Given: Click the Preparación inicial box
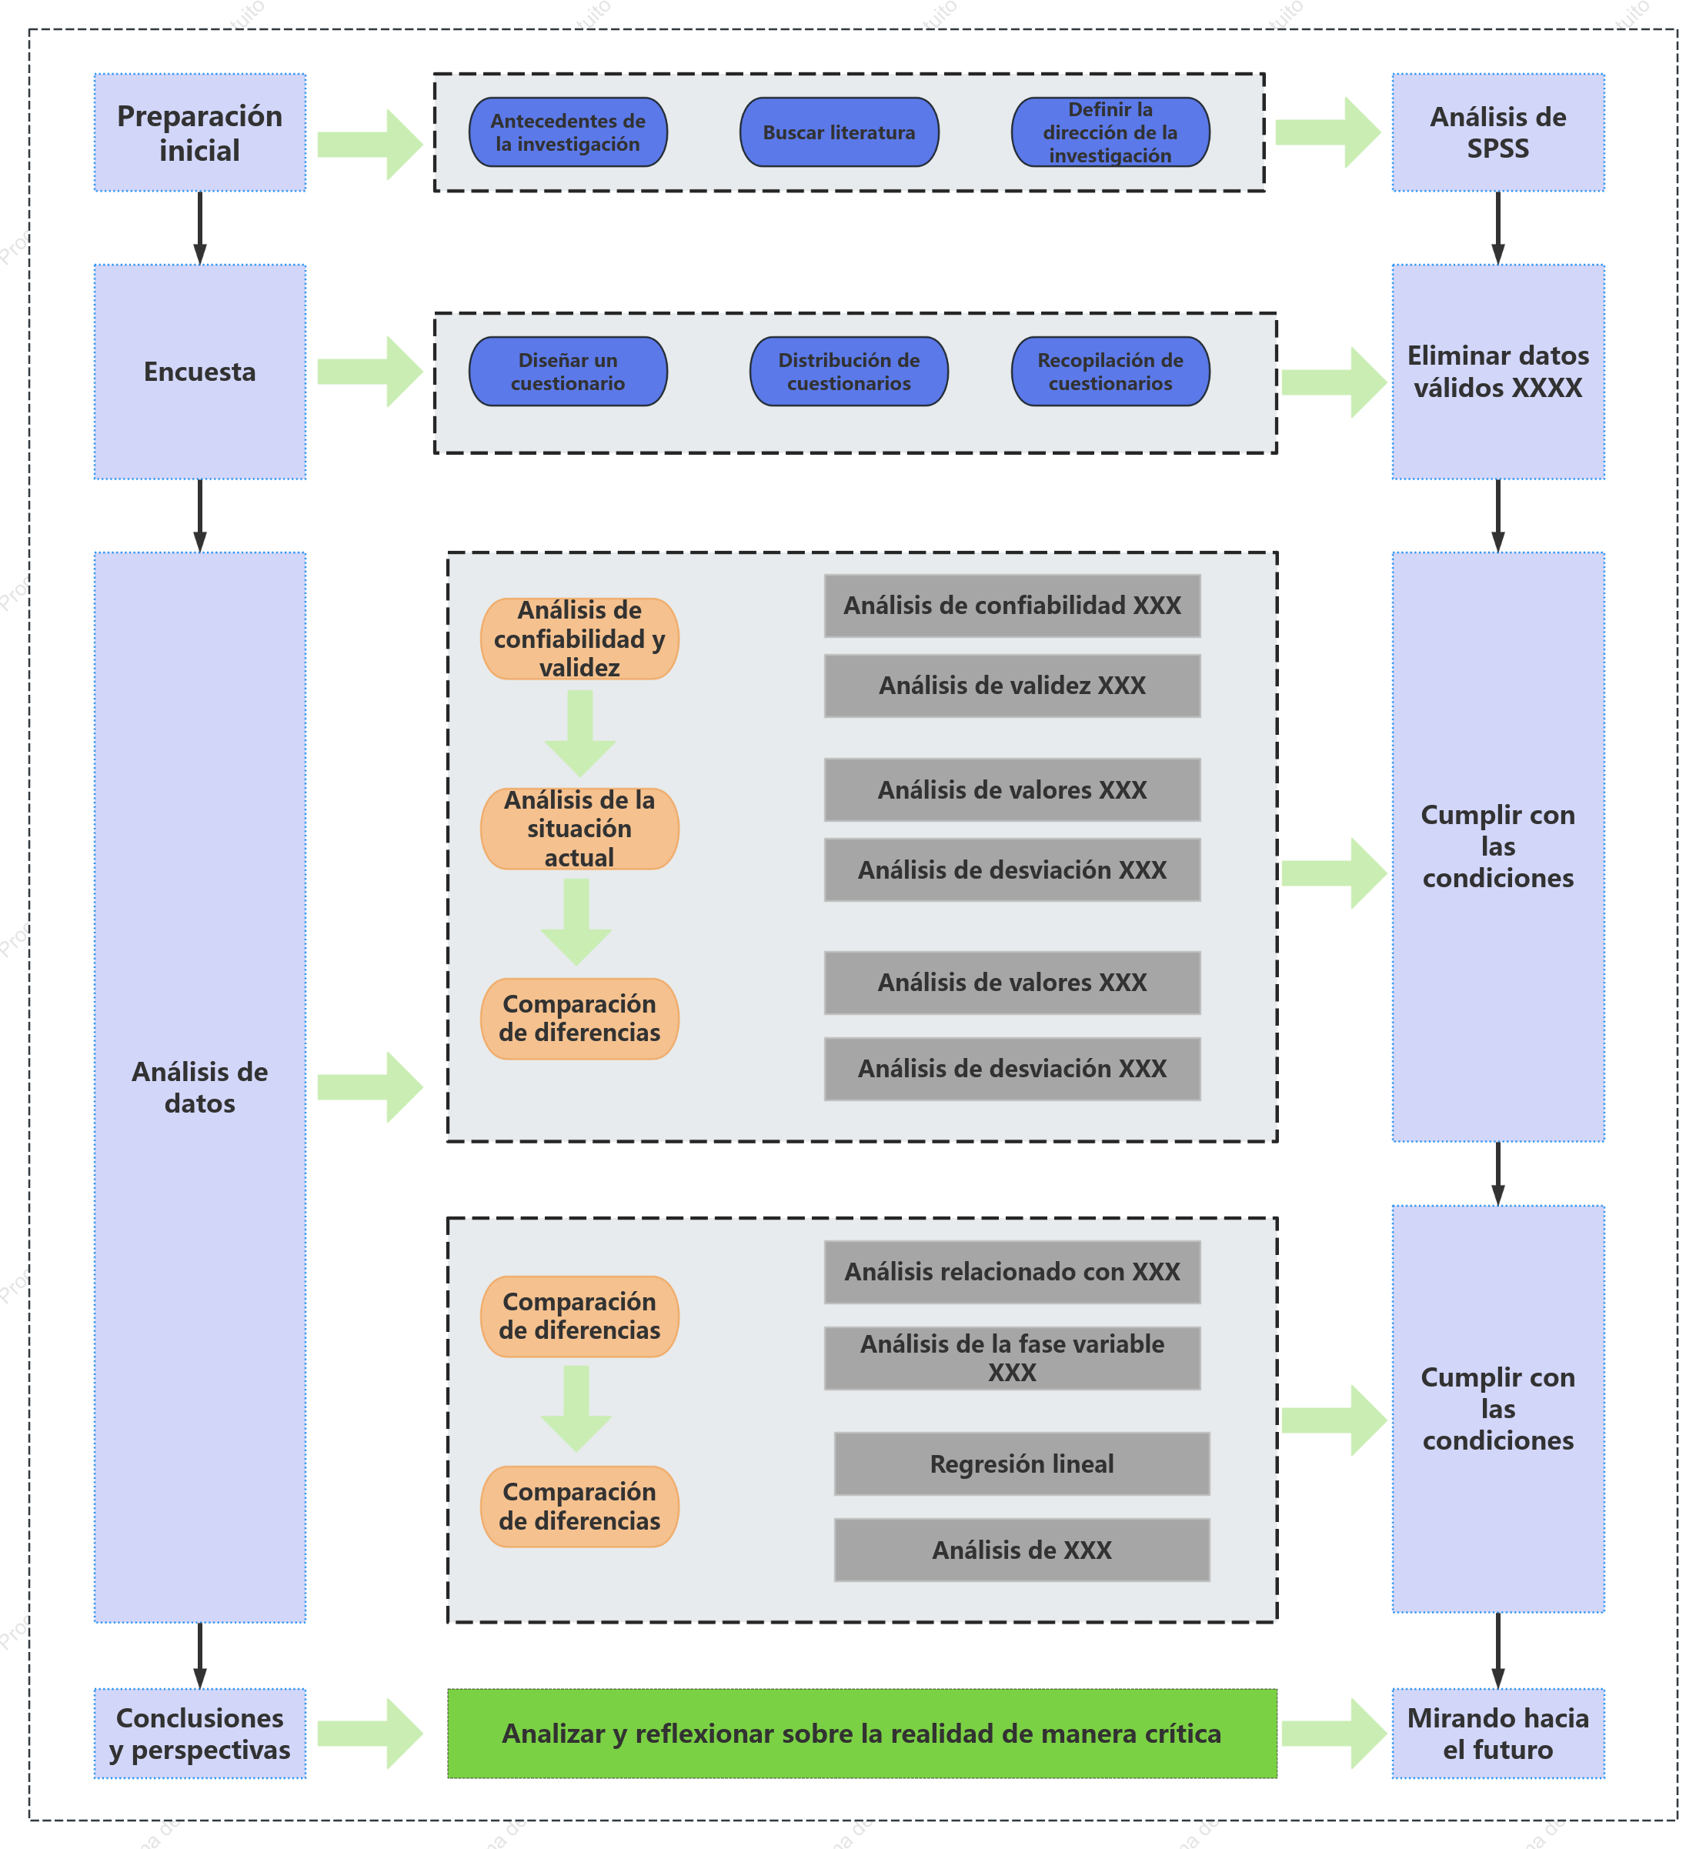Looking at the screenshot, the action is [x=199, y=133].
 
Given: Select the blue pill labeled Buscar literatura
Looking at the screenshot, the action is [x=840, y=132].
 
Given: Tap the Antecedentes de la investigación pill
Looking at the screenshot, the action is [x=568, y=132].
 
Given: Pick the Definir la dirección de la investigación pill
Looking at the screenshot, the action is [x=1110, y=132].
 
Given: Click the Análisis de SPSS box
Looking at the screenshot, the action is [x=1498, y=133].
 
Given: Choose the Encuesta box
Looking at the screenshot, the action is [x=199, y=372].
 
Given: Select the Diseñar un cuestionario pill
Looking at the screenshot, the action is [x=568, y=371].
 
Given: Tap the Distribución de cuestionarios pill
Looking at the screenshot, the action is [x=850, y=371].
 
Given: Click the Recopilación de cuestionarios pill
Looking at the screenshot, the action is [x=1110, y=371].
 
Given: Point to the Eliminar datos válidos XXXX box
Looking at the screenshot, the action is [x=1498, y=372].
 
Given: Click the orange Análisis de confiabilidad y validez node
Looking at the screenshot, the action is [x=579, y=639].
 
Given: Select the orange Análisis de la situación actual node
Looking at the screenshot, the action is [x=579, y=829].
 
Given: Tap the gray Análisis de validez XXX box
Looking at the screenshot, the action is [x=1013, y=686].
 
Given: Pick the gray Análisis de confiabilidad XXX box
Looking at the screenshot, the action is [x=1013, y=606].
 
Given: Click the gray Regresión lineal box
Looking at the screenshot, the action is [x=1022, y=1464].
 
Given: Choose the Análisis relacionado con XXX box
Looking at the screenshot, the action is [x=1013, y=1272].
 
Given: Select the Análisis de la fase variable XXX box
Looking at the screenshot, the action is [x=1013, y=1358].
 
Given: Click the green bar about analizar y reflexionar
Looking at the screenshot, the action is [x=862, y=1734].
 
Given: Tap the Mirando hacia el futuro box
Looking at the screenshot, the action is [x=1498, y=1734].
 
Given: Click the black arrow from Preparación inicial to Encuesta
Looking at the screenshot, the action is [x=199, y=228].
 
